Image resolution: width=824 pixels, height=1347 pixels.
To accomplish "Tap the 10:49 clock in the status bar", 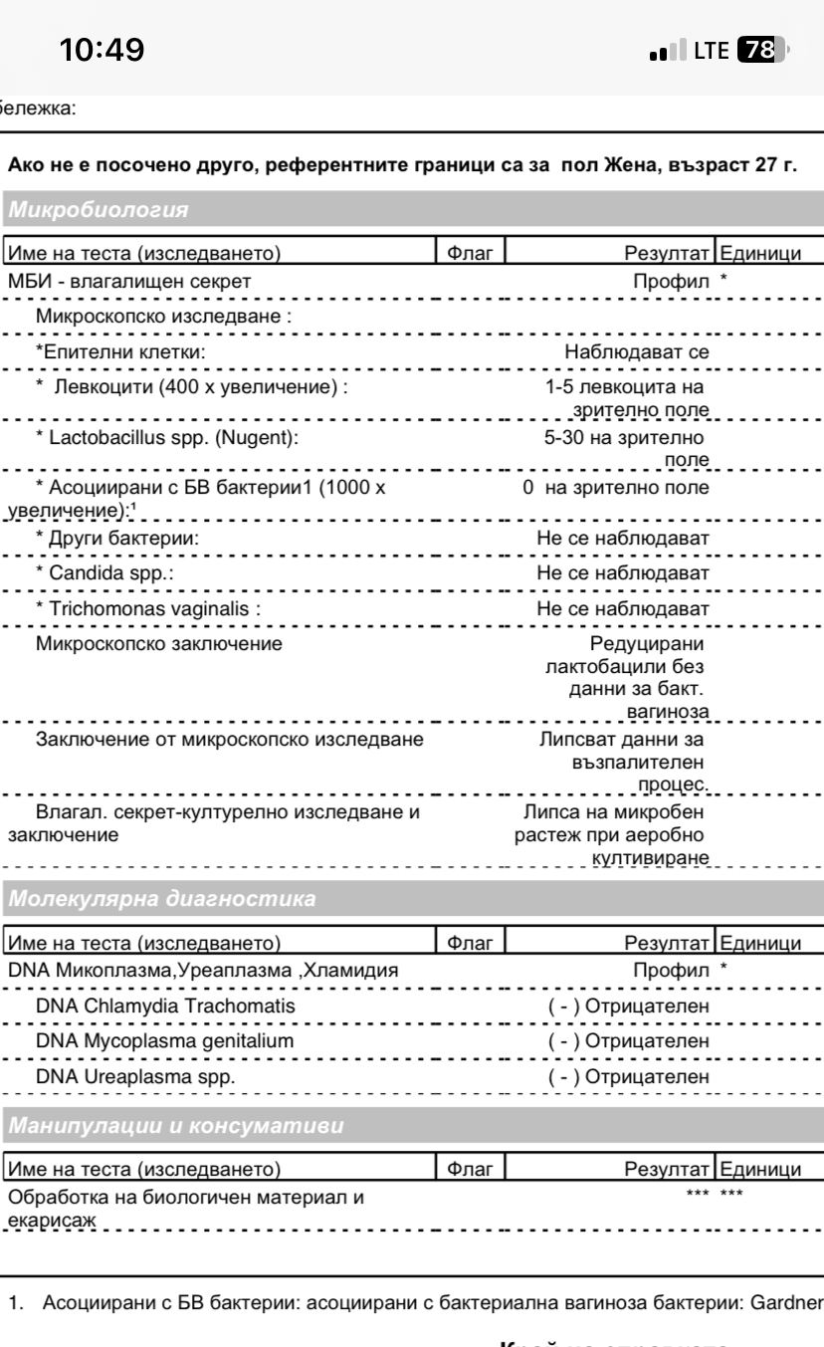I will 103,48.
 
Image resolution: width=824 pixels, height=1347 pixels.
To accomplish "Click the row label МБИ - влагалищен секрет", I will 128,282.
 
